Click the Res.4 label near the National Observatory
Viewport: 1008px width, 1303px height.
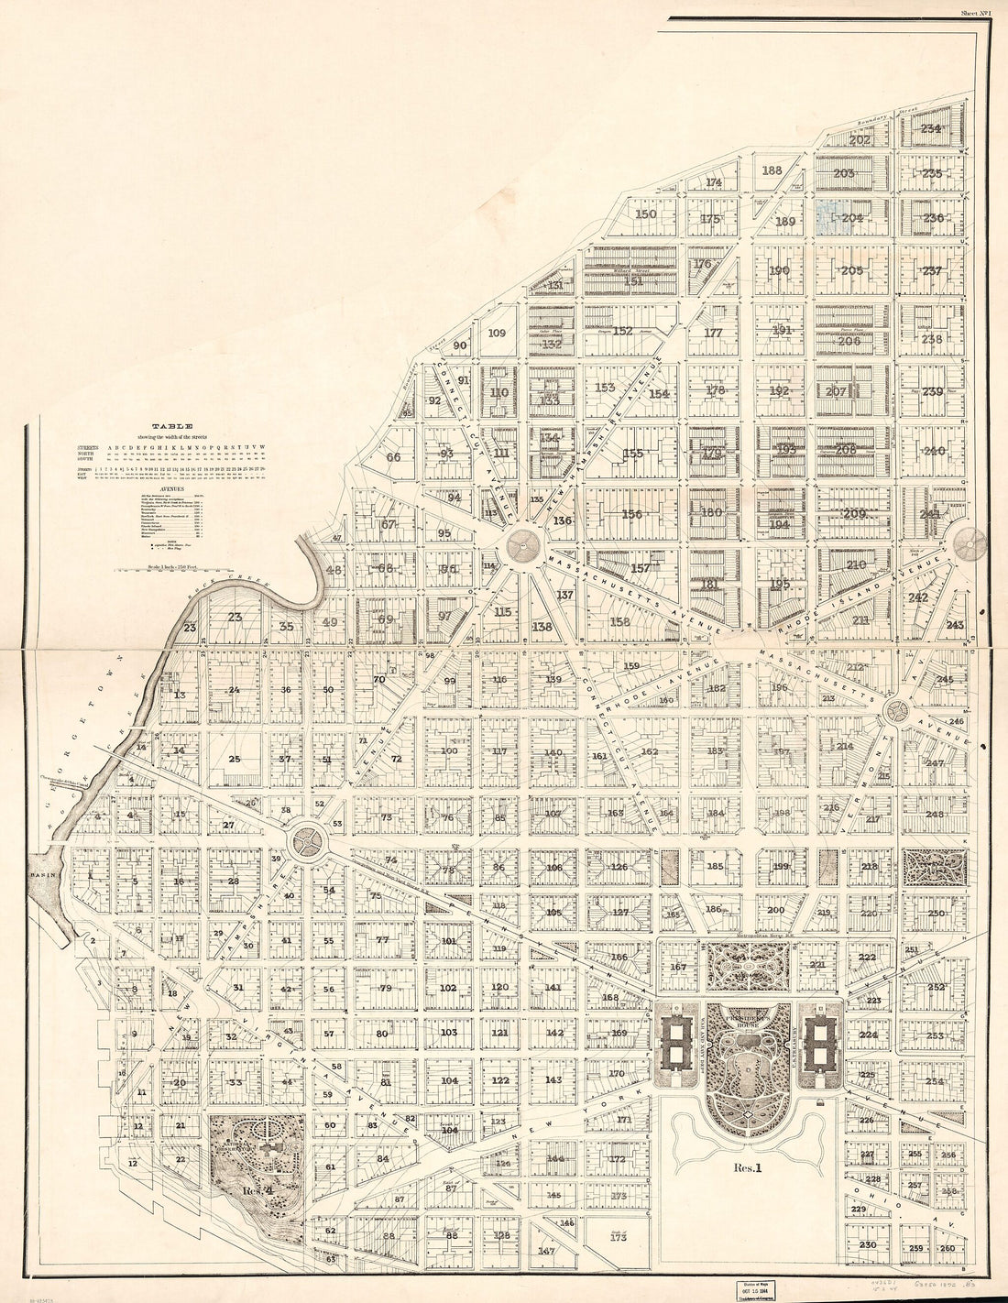254,1190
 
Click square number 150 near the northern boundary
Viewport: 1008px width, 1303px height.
647,214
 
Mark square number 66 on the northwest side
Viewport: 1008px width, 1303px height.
393,457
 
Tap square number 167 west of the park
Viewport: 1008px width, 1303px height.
678,967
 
